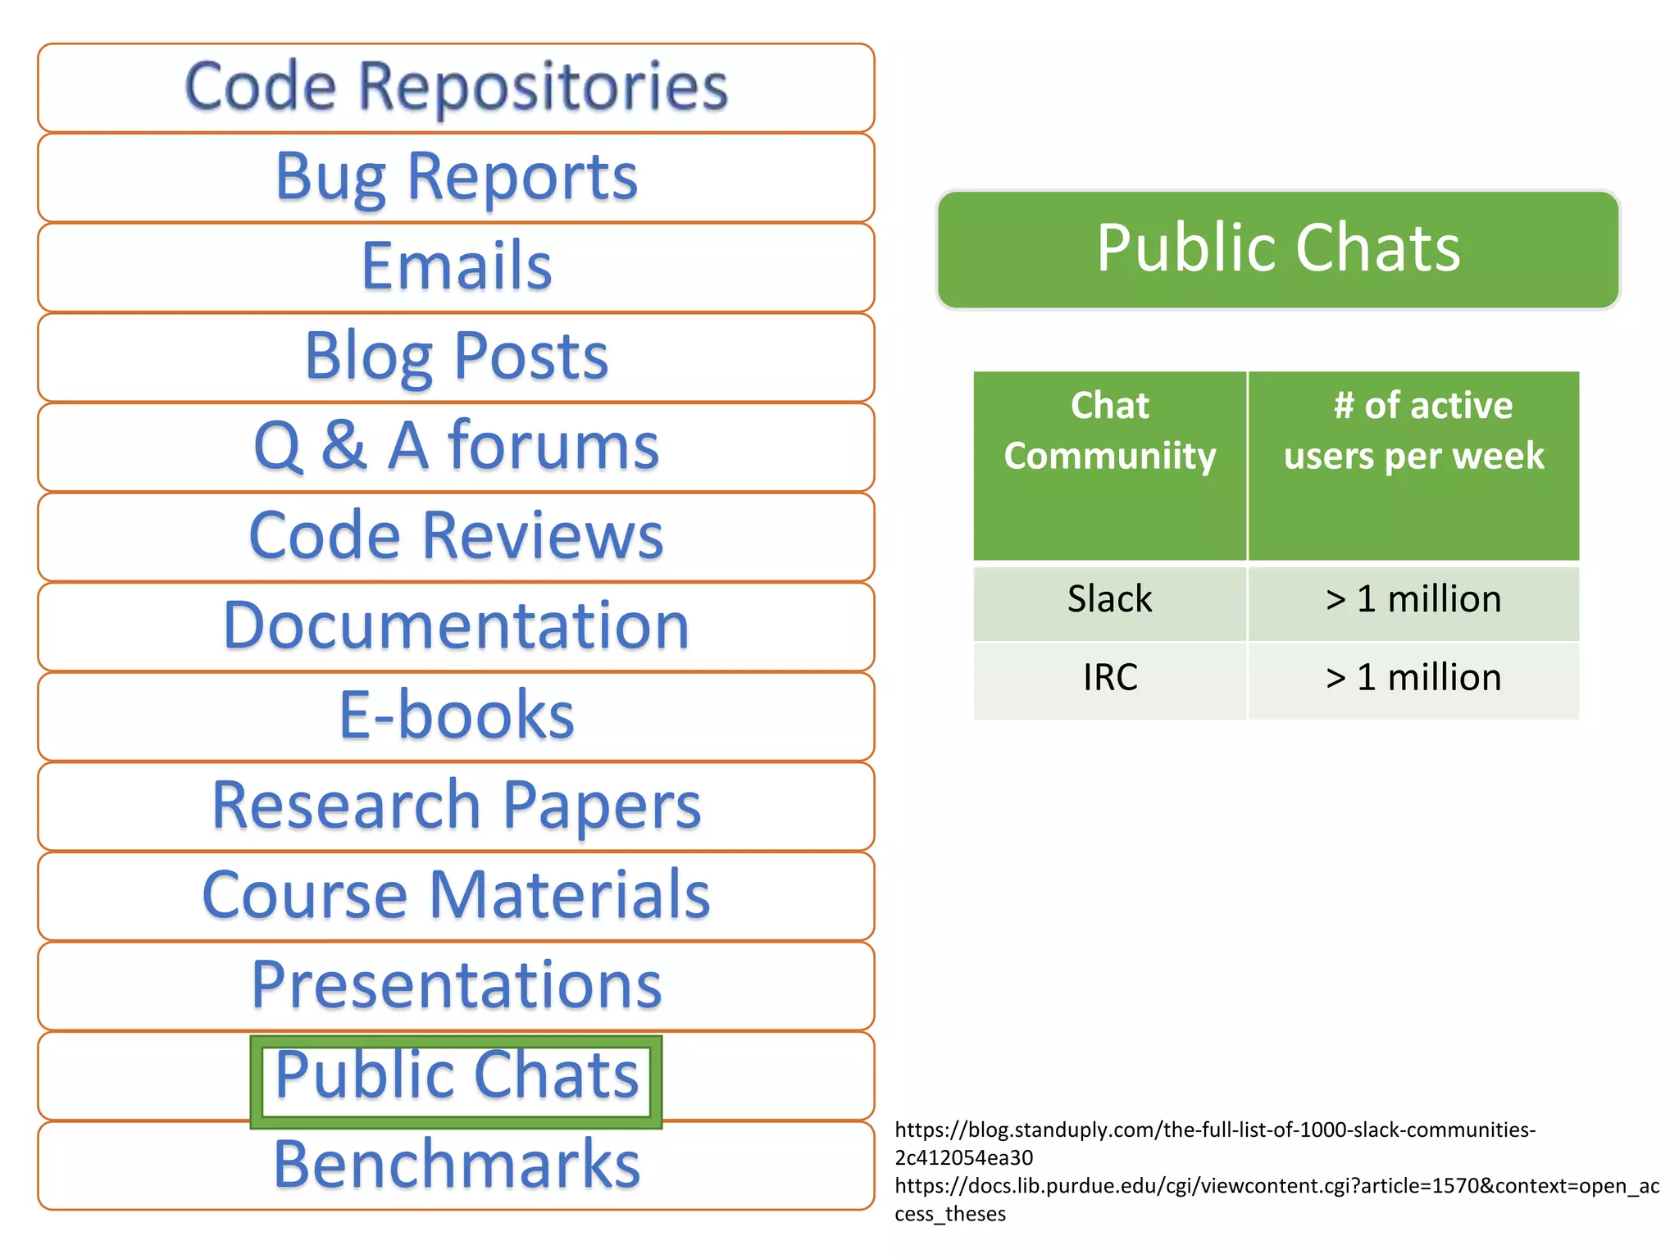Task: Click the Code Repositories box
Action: coord(456,88)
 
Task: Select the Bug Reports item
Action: coord(456,177)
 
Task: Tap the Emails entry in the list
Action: coord(456,267)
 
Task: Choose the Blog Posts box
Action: coord(456,357)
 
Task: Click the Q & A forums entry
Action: coord(456,447)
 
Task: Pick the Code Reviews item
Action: coord(456,537)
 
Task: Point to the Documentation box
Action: coord(456,626)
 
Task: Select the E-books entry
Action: coord(456,716)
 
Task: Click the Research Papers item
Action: coord(456,807)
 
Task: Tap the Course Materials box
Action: coord(456,896)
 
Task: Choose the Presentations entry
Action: coord(456,985)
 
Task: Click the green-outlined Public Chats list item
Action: coord(456,1076)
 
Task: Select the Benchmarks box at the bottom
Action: coord(456,1166)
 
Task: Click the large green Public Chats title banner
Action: coord(1278,249)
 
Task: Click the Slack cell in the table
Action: coord(1109,600)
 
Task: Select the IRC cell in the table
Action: coord(1109,679)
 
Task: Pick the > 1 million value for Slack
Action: coord(1413,600)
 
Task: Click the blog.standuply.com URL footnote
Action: coord(1213,1143)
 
